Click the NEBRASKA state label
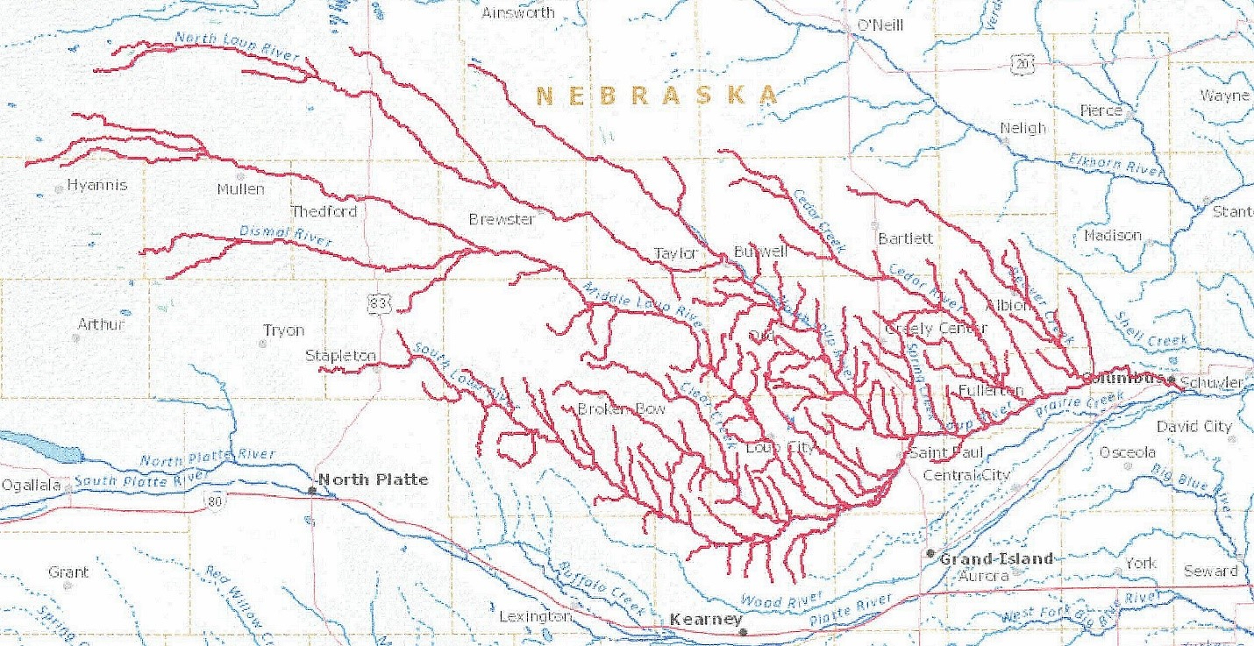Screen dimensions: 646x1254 [x=656, y=95]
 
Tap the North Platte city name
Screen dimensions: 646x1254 [x=373, y=479]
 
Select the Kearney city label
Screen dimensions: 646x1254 [x=705, y=620]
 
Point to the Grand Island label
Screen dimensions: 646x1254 [x=996, y=559]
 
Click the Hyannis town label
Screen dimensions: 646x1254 [x=97, y=186]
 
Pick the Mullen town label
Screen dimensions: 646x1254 [x=240, y=188]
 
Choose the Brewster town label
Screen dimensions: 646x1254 [x=502, y=219]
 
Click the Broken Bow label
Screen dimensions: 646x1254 [x=621, y=409]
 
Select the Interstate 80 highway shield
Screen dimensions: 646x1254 [x=216, y=500]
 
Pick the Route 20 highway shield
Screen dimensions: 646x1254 [x=1020, y=63]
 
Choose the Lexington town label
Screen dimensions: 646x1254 [x=535, y=617]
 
